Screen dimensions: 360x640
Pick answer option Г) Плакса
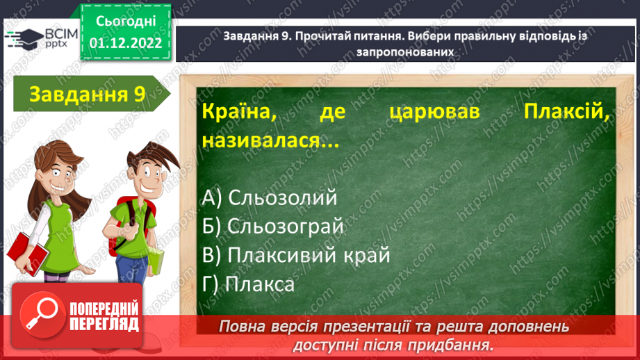pos(248,284)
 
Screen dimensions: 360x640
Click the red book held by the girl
pos(25,247)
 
